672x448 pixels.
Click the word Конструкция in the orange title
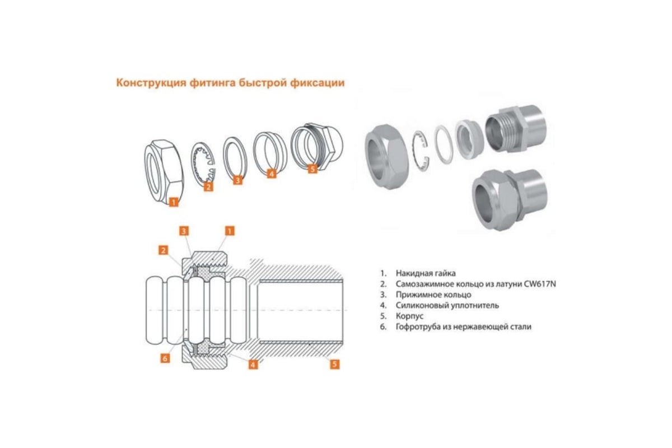[x=151, y=82]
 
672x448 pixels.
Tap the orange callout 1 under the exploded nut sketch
[x=174, y=202]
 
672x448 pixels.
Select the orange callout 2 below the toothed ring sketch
[x=208, y=186]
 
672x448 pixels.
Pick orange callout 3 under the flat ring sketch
[x=237, y=180]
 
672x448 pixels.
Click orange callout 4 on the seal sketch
[x=272, y=174]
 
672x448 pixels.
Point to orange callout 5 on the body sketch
[x=312, y=169]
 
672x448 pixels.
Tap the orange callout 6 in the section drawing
[x=165, y=358]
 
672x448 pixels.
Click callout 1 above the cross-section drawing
[x=230, y=231]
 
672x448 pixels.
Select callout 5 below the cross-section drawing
[x=334, y=365]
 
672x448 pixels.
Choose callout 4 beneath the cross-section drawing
[x=253, y=365]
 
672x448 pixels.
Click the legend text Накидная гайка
[x=426, y=273]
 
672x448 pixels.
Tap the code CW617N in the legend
[x=540, y=284]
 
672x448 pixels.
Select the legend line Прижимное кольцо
[x=433, y=295]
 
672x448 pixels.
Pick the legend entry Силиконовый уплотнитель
[x=447, y=305]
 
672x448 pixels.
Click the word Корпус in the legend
[x=409, y=316]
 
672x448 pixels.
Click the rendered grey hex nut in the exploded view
[x=386, y=157]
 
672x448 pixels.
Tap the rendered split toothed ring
[x=421, y=151]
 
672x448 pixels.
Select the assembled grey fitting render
[x=510, y=199]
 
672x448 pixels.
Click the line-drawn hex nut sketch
[x=164, y=172]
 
